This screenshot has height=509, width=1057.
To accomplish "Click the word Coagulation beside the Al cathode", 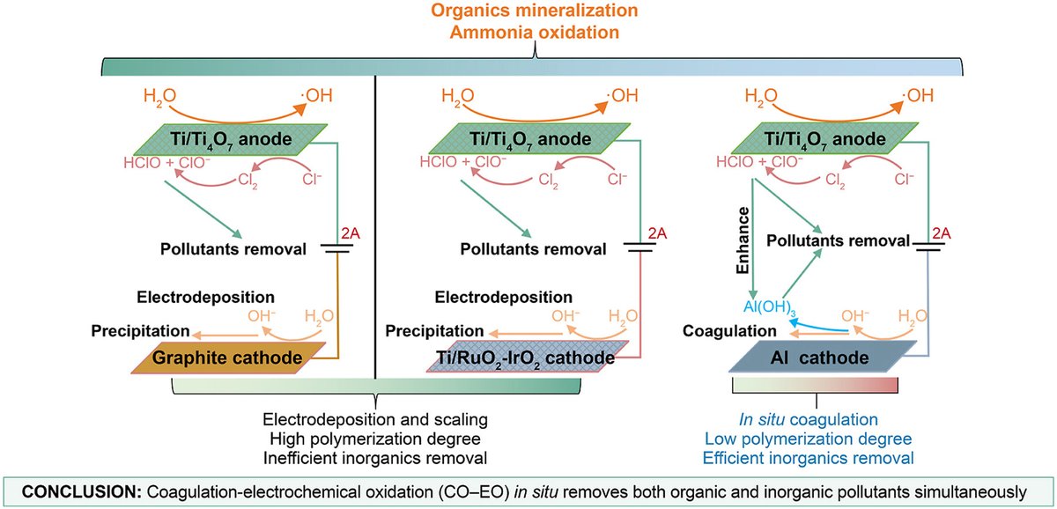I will (x=730, y=332).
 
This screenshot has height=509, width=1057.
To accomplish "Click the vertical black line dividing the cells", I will (x=376, y=220).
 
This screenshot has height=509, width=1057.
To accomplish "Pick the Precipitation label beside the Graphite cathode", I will (x=140, y=332).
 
